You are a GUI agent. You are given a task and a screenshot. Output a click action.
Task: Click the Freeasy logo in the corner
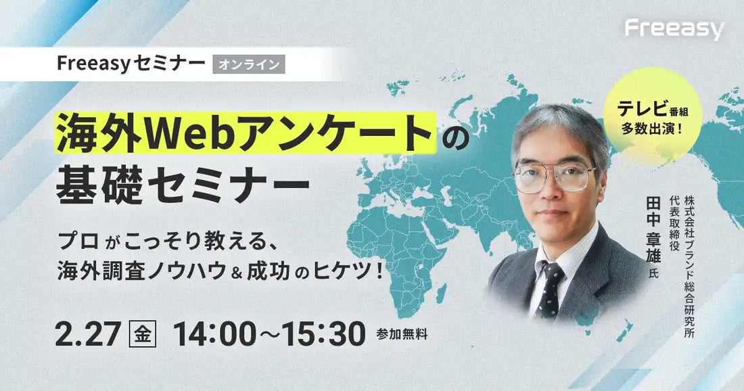click(674, 29)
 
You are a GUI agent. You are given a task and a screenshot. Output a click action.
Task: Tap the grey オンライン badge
click(248, 64)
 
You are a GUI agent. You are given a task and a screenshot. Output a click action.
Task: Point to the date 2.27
click(86, 334)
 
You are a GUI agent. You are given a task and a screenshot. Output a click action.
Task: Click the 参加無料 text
click(402, 334)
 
